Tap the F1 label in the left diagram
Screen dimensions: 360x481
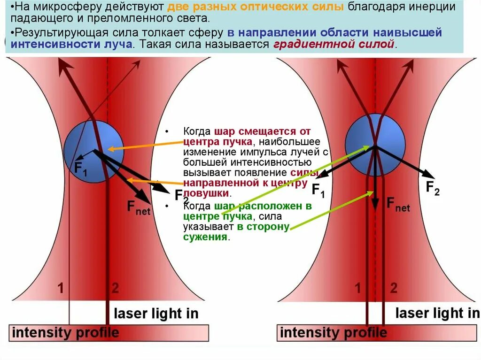[x=80, y=168]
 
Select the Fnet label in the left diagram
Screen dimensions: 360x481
[x=139, y=207]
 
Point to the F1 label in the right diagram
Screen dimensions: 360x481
[x=318, y=190]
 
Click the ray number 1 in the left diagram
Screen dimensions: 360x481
[x=61, y=287]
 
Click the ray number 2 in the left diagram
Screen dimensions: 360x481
[x=115, y=287]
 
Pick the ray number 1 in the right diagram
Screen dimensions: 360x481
[x=358, y=287]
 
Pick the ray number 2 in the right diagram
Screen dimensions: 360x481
[x=394, y=287]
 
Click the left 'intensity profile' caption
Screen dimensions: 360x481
[x=65, y=333]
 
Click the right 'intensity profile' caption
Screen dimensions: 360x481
[x=333, y=333]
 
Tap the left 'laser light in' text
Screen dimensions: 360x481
[x=156, y=313]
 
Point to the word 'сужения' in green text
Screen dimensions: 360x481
[x=205, y=237]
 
